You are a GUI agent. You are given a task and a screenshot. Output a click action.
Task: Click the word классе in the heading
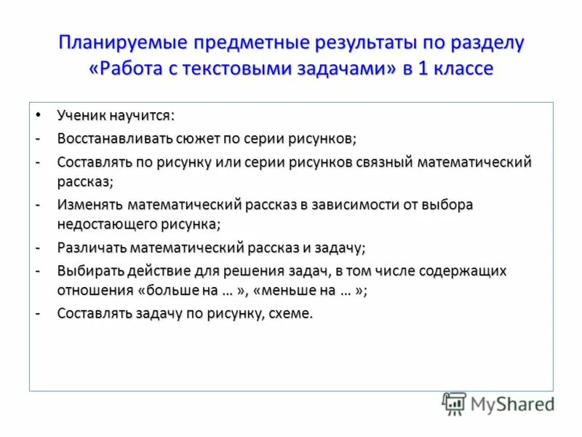click(x=463, y=68)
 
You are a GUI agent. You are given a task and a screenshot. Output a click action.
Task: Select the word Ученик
click(x=81, y=116)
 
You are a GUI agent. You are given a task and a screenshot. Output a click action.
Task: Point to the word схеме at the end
click(x=291, y=314)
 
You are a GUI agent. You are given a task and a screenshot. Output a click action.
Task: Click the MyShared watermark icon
click(x=454, y=403)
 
